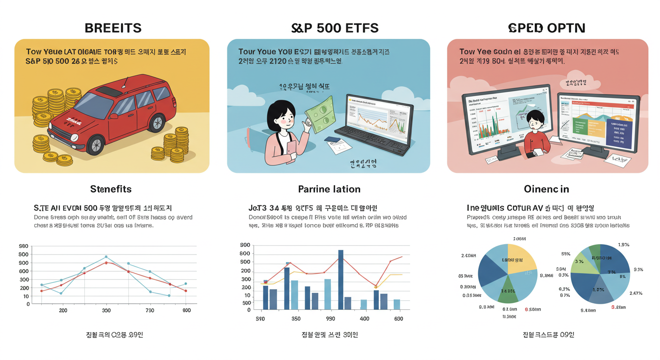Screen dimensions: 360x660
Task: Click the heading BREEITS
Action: point(113,28)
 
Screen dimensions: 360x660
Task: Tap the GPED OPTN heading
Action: point(547,28)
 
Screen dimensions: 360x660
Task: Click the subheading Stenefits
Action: point(111,189)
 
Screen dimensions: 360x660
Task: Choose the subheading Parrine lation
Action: point(329,189)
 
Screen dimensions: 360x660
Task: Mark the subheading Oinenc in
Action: point(546,189)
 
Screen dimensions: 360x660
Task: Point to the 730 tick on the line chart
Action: point(150,310)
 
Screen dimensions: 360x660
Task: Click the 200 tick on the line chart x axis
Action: point(62,310)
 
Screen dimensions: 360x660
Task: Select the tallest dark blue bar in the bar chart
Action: point(341,279)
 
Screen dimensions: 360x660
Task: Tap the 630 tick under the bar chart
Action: point(398,319)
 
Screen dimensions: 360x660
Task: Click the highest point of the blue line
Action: point(106,257)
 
